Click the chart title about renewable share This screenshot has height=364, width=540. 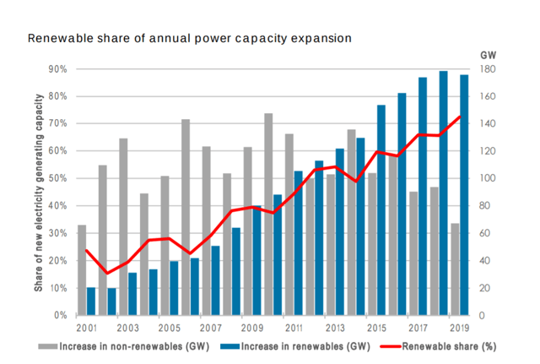coord(189,38)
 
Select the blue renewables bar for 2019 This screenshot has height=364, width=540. coord(463,195)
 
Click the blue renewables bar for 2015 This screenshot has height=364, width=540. coord(381,210)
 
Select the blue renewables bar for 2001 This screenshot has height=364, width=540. coord(91,302)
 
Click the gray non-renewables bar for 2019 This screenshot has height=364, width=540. coord(454,269)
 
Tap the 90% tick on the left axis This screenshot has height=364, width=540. coord(60,69)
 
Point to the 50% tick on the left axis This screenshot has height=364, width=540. coord(60,179)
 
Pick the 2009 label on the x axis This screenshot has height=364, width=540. coord(251,328)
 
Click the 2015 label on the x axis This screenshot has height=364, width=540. coord(375,328)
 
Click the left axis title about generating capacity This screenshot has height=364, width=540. coord(39,193)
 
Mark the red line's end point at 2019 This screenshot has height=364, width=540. coord(459,117)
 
